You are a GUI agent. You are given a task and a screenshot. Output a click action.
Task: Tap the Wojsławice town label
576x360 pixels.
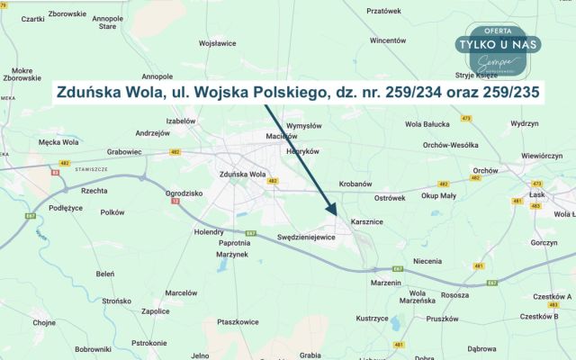[217, 42]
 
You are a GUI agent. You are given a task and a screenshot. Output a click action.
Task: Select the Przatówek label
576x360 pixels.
[383, 11]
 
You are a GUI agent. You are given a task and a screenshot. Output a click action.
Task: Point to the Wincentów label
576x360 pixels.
[388, 40]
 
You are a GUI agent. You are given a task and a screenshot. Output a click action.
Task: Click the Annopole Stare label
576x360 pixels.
[108, 22]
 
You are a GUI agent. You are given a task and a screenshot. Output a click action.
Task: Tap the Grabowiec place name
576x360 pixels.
[124, 152]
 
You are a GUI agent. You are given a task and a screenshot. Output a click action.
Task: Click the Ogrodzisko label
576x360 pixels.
[184, 193]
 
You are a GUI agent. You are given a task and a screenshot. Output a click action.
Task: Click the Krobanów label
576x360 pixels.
[355, 184]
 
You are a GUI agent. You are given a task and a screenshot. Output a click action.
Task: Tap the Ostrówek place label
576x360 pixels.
[391, 196]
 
